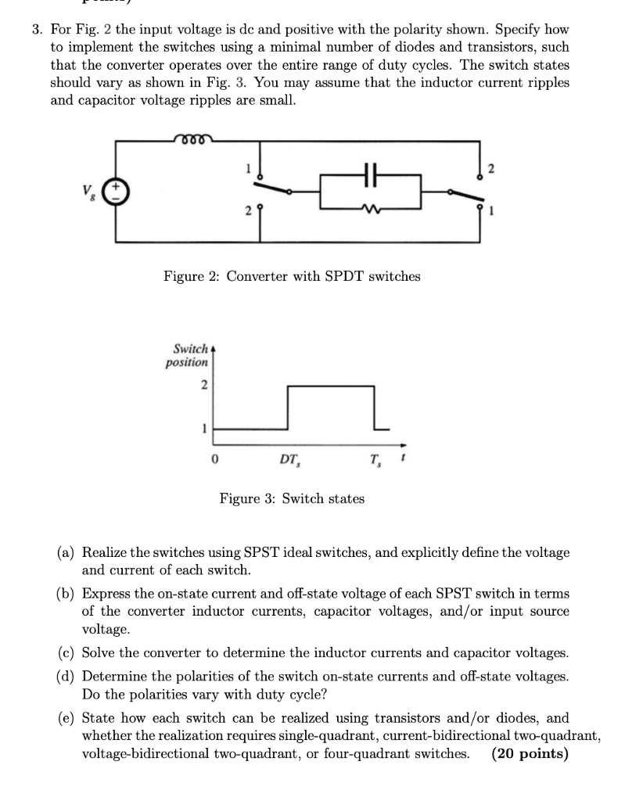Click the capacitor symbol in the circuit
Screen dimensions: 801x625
[371, 179]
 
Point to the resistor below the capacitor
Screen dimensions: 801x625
[371, 207]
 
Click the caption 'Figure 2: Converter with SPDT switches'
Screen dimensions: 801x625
[291, 276]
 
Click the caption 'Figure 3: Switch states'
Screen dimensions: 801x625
[291, 498]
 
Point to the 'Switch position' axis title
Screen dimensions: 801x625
[187, 355]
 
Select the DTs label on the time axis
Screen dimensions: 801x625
[290, 459]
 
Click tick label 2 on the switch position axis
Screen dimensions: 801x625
[203, 385]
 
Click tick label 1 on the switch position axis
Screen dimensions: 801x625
[203, 428]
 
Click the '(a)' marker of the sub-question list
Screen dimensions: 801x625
[66, 552]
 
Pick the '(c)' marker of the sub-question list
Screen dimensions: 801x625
[66, 652]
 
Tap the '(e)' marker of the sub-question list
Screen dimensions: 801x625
[66, 718]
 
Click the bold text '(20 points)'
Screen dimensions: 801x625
[530, 754]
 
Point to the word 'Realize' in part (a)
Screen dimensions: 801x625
[105, 552]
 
